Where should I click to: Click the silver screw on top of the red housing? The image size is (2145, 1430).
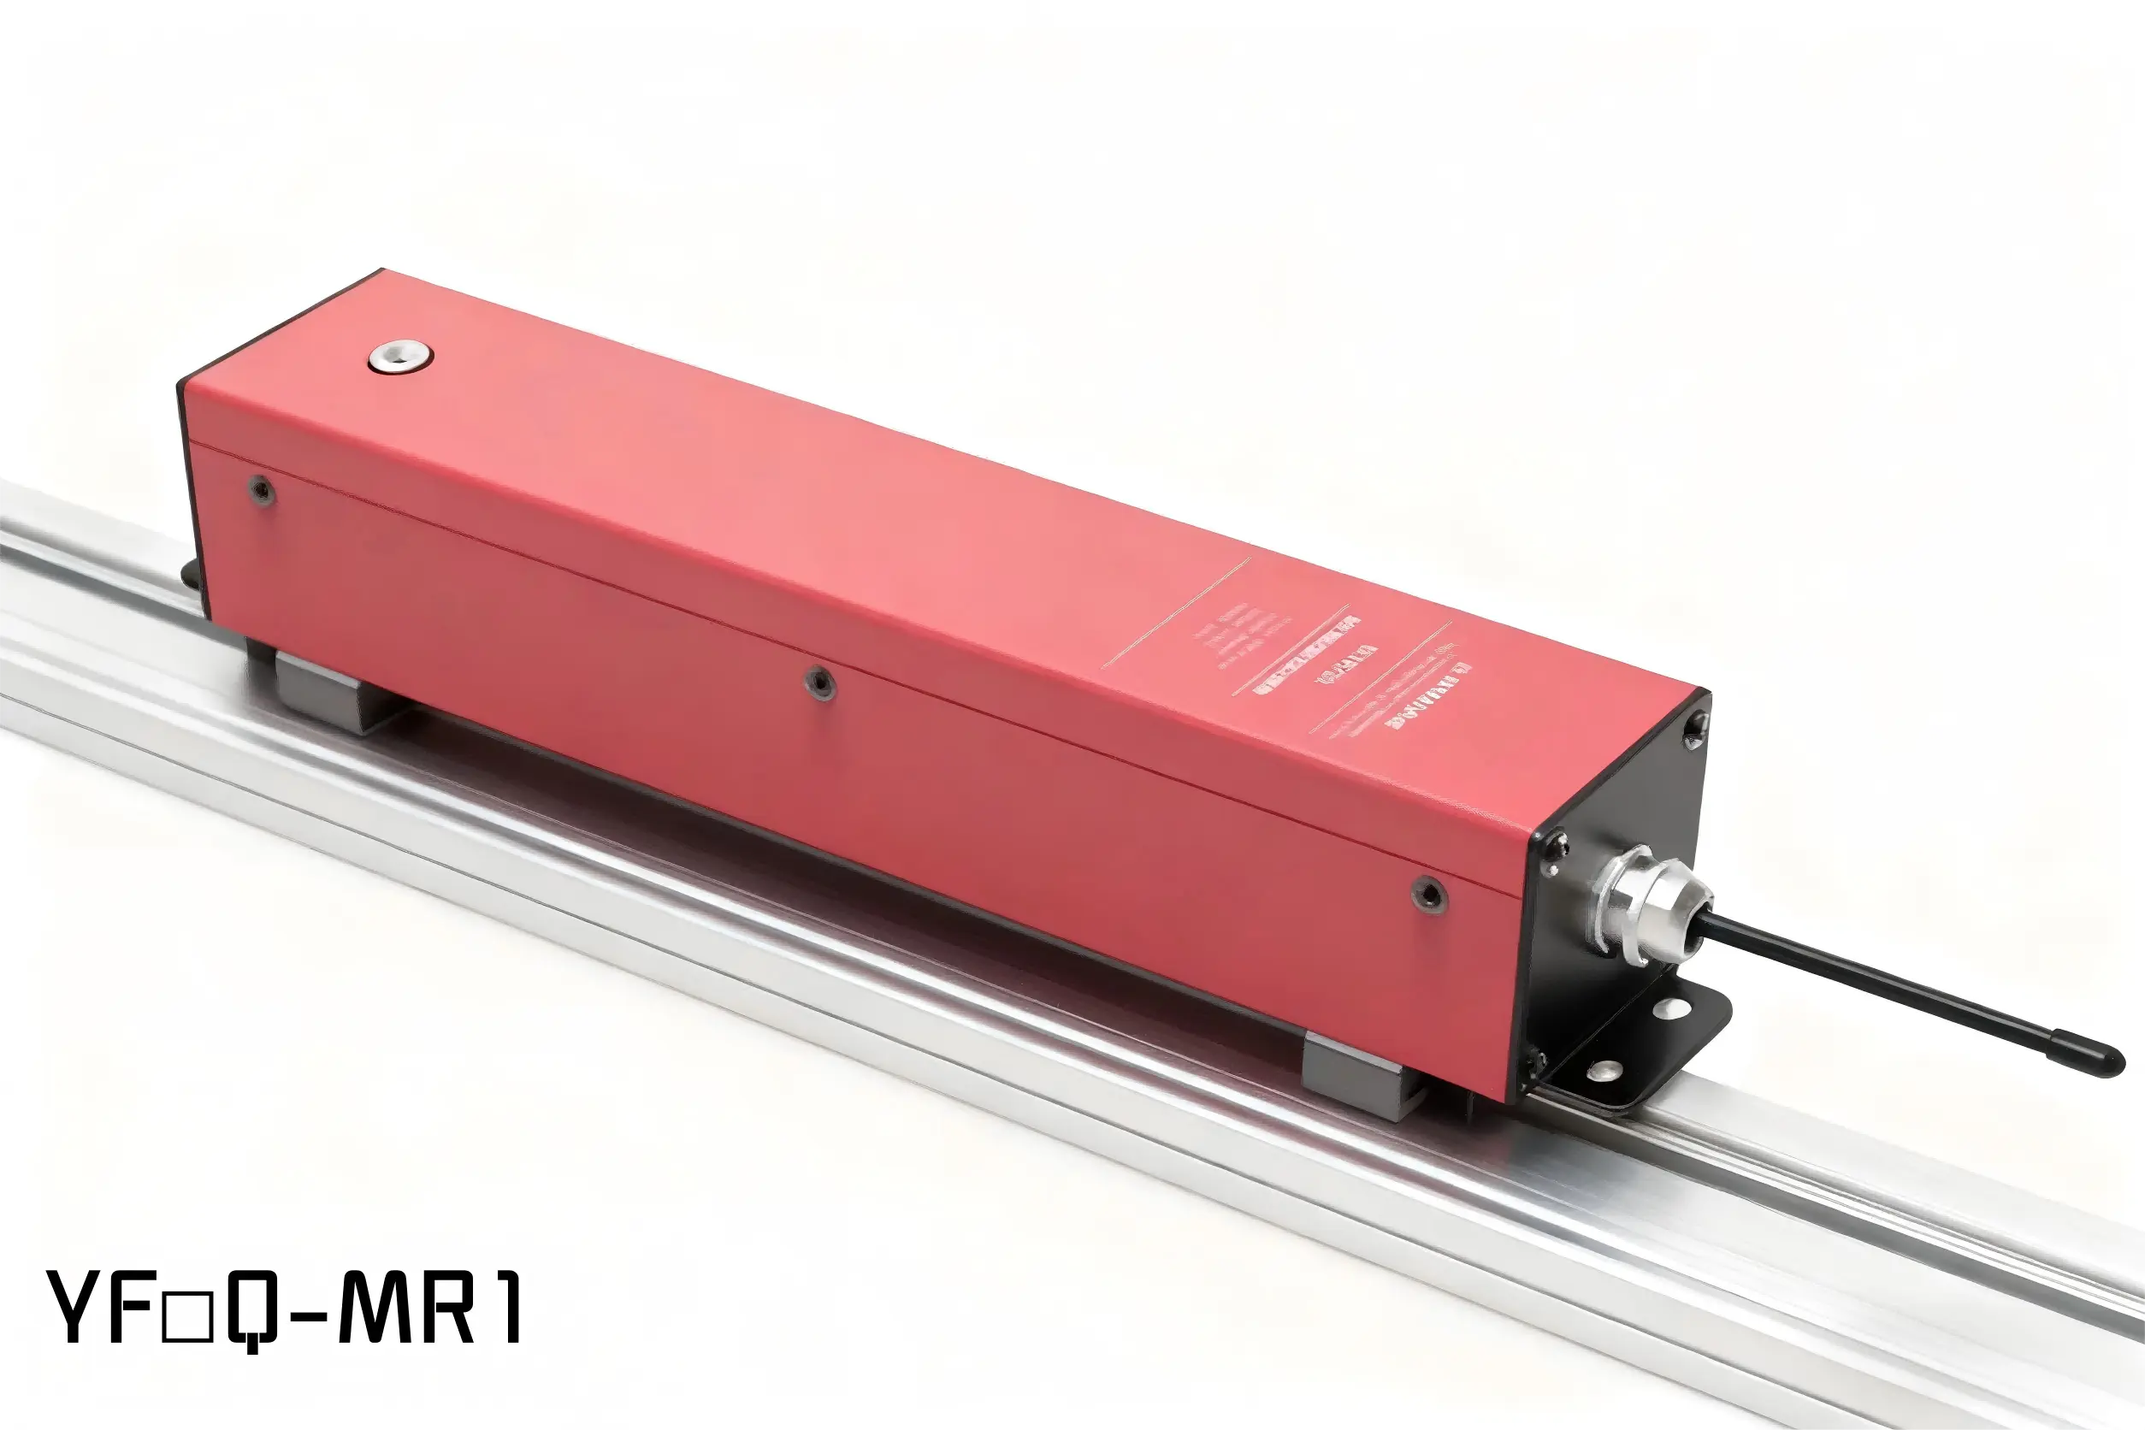pos(400,357)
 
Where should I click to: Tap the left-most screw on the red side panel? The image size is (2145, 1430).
pos(262,491)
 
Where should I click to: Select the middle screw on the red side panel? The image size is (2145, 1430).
pos(819,682)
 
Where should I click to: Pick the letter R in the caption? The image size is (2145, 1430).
pos(449,1308)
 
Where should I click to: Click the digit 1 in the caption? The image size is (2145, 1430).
pos(507,1308)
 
